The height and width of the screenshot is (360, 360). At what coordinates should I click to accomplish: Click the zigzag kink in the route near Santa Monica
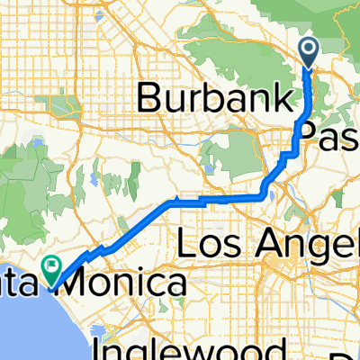pyautogui.click(x=101, y=249)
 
